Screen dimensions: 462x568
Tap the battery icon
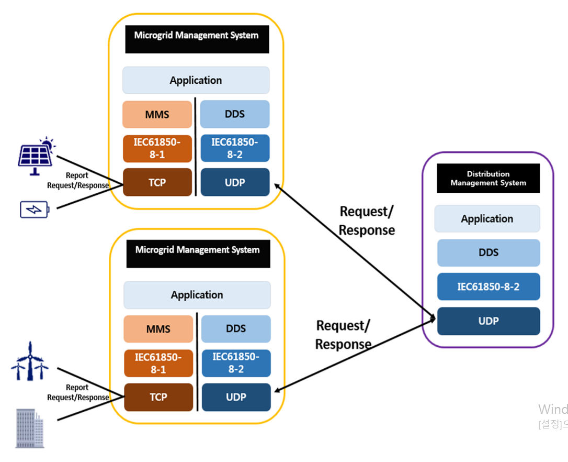click(35, 210)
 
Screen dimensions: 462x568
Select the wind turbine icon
click(30, 362)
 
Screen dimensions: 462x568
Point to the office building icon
click(30, 428)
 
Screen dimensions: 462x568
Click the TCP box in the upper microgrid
click(157, 182)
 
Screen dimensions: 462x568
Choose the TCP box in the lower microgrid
click(158, 397)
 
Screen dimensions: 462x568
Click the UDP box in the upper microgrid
click(235, 182)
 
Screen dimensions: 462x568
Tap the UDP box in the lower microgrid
click(236, 397)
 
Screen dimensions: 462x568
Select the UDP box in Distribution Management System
click(488, 321)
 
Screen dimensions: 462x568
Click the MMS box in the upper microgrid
click(157, 114)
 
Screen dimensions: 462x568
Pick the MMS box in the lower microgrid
click(158, 329)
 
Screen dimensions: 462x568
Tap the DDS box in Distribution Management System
click(488, 252)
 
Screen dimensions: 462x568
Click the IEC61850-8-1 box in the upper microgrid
click(157, 148)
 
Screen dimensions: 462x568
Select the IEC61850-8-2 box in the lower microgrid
click(236, 363)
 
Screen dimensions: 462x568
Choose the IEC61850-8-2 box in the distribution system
click(488, 287)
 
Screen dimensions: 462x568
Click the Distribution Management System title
click(488, 178)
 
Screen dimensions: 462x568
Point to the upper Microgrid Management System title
click(197, 36)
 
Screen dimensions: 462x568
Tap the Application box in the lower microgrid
click(197, 295)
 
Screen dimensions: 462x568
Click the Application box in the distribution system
click(487, 218)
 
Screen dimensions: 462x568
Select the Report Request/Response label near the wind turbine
click(78, 392)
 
